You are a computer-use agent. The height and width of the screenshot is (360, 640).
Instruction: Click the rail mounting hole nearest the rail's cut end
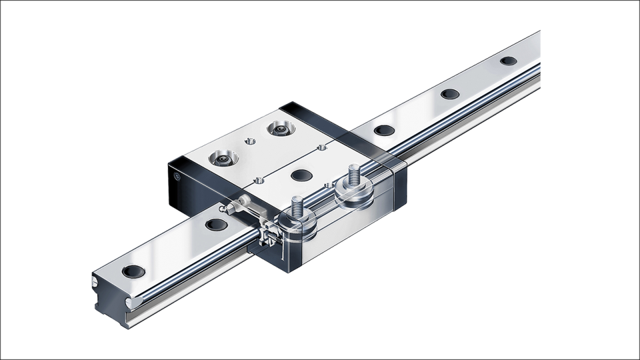click(134, 271)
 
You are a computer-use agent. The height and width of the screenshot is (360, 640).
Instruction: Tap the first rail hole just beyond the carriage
click(383, 130)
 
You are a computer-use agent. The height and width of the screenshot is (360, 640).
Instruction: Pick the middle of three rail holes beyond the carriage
click(449, 93)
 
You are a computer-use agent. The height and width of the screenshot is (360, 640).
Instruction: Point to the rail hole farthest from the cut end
click(508, 61)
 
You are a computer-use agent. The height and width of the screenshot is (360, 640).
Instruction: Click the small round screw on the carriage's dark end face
click(176, 178)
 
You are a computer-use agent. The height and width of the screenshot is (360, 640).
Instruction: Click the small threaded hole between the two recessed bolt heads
click(251, 141)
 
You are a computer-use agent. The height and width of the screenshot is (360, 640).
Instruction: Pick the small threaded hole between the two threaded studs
click(327, 183)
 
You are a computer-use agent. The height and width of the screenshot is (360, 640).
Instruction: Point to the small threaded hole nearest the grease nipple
click(257, 179)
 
